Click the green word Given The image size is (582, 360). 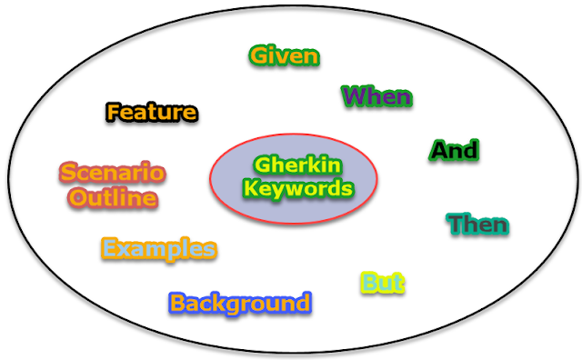pyautogui.click(x=285, y=55)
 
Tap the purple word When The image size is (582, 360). pyautogui.click(x=376, y=95)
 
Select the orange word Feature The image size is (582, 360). pyautogui.click(x=152, y=113)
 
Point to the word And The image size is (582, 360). pyautogui.click(x=454, y=150)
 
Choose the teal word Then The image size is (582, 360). pyautogui.click(x=477, y=224)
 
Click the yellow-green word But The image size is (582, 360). pyautogui.click(x=382, y=283)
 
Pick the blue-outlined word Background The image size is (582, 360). pyautogui.click(x=240, y=303)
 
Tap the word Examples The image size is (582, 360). pyautogui.click(x=159, y=248)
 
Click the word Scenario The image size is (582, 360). pyautogui.click(x=112, y=172)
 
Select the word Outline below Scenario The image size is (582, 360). pyautogui.click(x=113, y=197)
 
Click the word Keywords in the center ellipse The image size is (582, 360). pyautogui.click(x=293, y=189)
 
